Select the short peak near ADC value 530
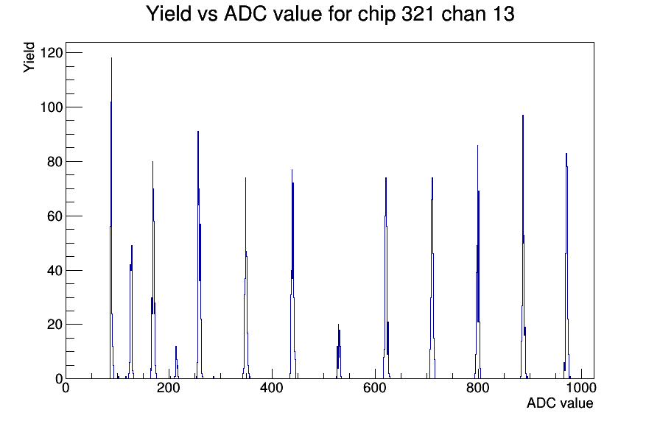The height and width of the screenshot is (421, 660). (338, 352)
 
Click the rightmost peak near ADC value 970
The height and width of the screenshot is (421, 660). (566, 266)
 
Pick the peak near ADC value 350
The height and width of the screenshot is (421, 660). (246, 278)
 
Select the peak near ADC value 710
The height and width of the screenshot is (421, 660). (432, 278)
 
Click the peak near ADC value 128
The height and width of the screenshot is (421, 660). (131, 312)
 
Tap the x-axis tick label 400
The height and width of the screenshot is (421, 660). (272, 388)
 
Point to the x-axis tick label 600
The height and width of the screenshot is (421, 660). (375, 388)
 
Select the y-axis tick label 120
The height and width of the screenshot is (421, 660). (51, 52)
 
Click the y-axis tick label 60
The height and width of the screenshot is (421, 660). (55, 216)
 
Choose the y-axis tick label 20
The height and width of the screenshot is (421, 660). (55, 325)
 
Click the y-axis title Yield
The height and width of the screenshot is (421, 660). (29, 57)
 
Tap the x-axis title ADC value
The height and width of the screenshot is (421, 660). (560, 403)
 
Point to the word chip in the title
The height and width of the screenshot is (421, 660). (376, 15)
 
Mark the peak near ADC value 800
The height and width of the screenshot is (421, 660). (478, 261)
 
